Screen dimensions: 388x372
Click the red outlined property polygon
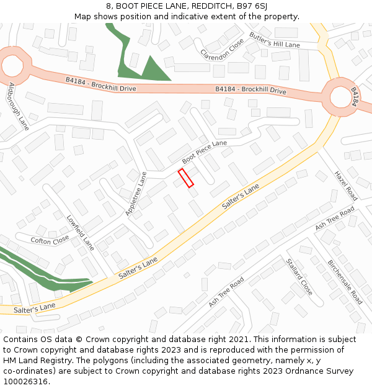(185, 178)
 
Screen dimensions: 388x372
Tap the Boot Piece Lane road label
(205, 151)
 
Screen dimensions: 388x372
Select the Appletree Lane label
(136, 194)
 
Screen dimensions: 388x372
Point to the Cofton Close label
(50, 240)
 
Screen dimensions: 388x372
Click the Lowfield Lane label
(81, 232)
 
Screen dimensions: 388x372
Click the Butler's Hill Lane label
(274, 40)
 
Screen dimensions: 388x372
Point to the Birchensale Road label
(345, 281)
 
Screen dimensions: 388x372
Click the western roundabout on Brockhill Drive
(12, 65)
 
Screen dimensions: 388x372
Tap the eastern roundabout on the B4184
(340, 97)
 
